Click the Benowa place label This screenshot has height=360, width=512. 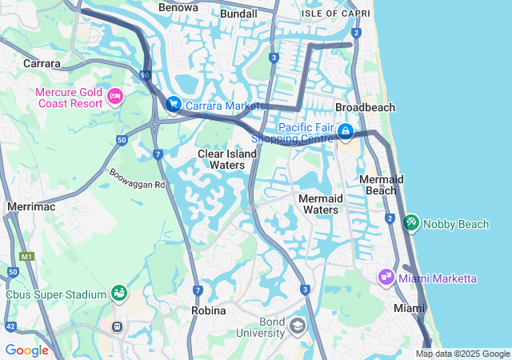pos(178,7)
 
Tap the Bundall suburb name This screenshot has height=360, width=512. pos(238,14)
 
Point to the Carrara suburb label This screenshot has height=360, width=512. pos(42,63)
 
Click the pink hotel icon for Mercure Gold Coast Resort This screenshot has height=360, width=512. pos(114,97)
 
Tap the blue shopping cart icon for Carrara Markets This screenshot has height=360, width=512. pos(173,104)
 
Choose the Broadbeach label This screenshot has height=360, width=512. pos(365,107)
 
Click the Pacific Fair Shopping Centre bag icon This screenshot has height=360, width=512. pos(345,130)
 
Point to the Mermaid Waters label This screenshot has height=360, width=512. pos(318,204)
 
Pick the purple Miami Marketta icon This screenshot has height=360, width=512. pos(386,278)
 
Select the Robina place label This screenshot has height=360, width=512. pos(209,310)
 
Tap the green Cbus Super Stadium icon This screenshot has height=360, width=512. pos(118,294)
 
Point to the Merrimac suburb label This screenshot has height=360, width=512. pos(29,206)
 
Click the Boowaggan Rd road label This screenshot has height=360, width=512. pos(137,178)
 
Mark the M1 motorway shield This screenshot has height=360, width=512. pos(28,257)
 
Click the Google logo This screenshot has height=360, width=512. pos(26,350)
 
